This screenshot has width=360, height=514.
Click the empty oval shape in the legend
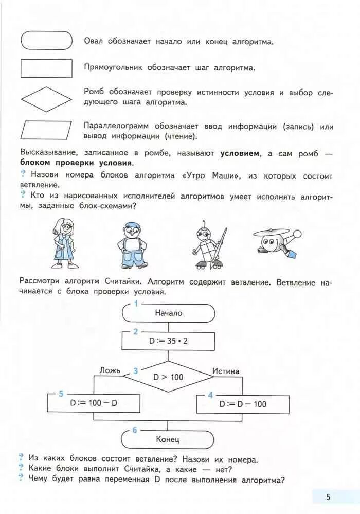[x=46, y=41]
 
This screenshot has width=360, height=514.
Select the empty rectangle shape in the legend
[x=46, y=68]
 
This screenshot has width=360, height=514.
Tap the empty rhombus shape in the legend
[x=46, y=99]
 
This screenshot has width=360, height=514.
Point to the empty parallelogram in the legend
[x=46, y=131]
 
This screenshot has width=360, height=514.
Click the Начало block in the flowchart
[x=168, y=313]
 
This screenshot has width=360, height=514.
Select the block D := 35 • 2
[x=168, y=340]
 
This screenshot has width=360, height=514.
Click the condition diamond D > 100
[x=168, y=377]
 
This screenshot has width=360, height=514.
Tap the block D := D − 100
[x=243, y=404]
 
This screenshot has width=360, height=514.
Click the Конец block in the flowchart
[x=168, y=439]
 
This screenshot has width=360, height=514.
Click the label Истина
[x=225, y=371]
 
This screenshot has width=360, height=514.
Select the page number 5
[x=328, y=497]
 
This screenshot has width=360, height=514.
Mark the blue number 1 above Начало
[x=136, y=304]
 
